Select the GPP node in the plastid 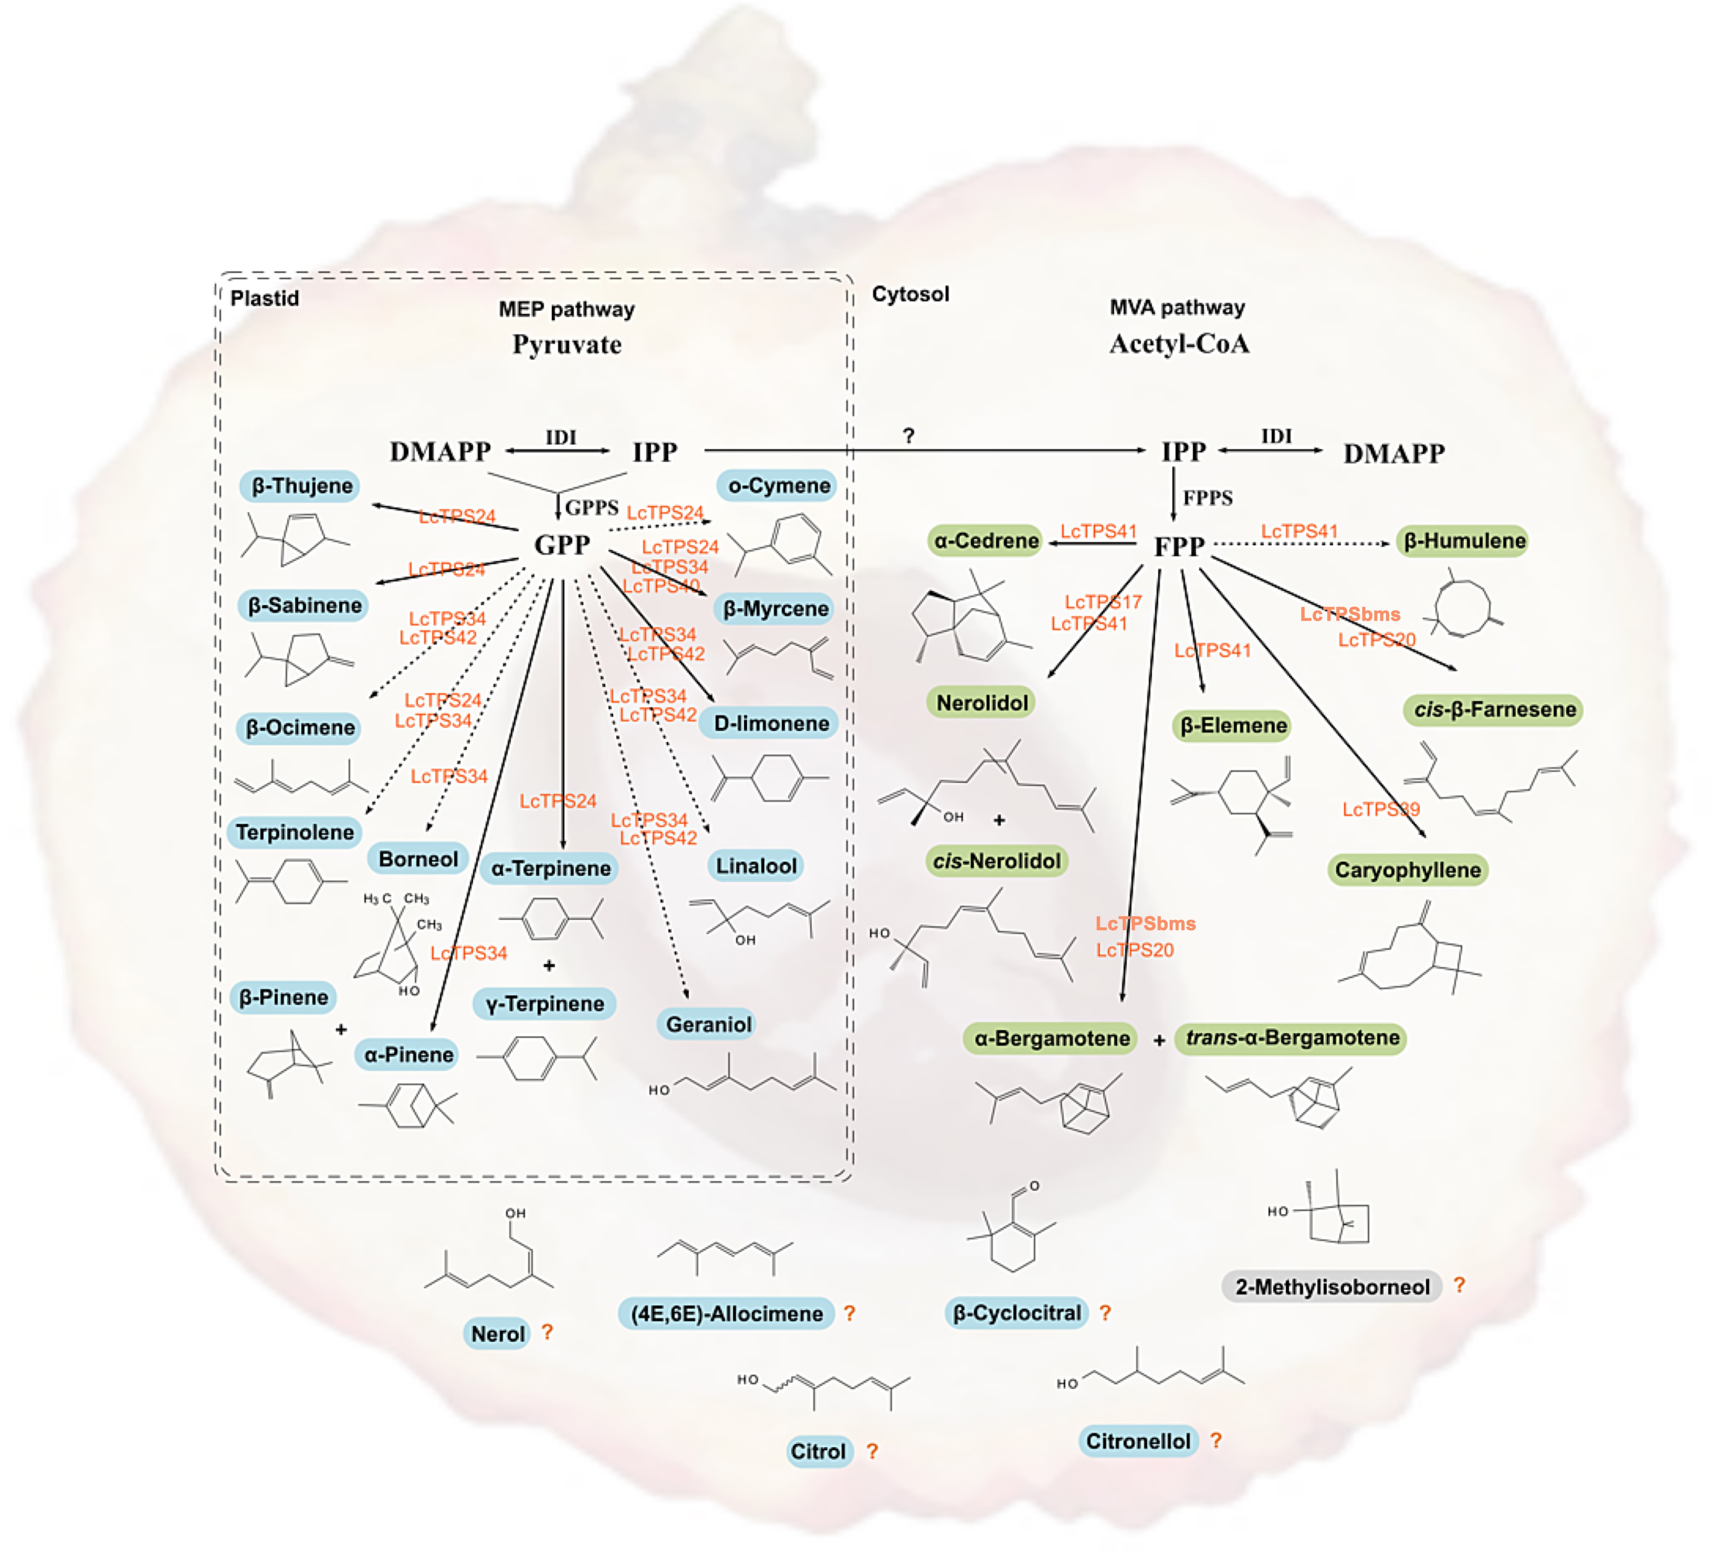tap(562, 544)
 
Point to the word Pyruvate tap(567, 345)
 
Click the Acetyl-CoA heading tap(1179, 344)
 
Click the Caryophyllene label tap(1407, 870)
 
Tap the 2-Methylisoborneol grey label tap(1332, 1287)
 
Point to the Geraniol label tap(708, 1024)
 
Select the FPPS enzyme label tap(1207, 498)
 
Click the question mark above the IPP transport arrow tap(908, 436)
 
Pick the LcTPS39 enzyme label tap(1381, 809)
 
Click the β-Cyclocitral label tap(1016, 1313)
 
